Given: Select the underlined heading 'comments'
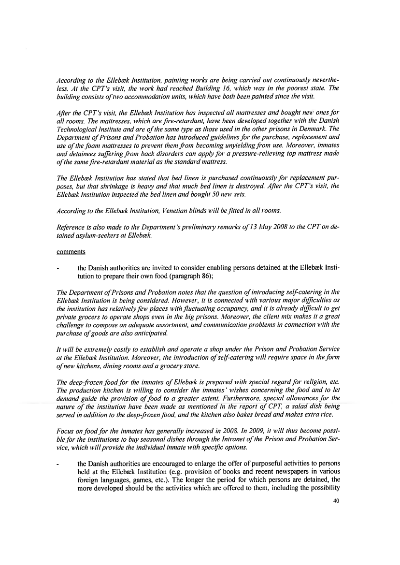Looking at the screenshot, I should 70,252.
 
